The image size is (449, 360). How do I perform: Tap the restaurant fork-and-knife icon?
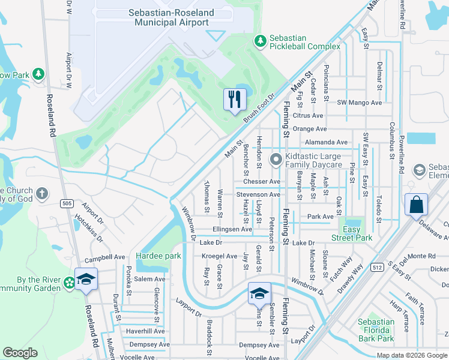[235, 98]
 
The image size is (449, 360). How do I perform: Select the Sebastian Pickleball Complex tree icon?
[260, 40]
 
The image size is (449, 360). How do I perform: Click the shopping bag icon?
[417, 205]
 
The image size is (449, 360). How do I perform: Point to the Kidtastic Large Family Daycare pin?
[276, 160]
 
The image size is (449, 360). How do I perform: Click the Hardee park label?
[158, 256]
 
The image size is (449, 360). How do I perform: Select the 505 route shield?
[67, 204]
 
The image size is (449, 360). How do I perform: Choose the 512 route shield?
[377, 267]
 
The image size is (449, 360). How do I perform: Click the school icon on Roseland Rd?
[86, 279]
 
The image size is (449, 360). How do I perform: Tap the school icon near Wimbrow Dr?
[259, 293]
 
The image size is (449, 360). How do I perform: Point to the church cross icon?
[41, 193]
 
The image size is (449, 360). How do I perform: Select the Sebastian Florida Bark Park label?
[376, 331]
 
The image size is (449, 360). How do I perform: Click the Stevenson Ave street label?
[258, 195]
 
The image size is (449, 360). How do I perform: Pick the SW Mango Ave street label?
[360, 103]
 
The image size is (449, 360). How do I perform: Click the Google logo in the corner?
[20, 353]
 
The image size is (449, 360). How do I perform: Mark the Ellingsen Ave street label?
[232, 229]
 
